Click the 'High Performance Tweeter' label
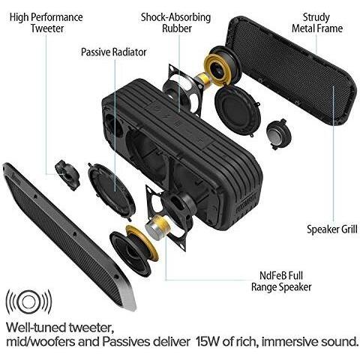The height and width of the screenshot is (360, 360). tap(46, 22)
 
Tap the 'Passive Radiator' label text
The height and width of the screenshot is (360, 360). tap(114, 52)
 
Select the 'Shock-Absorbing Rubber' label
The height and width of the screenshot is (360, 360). tap(176, 22)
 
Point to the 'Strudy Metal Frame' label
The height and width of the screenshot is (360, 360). tap(317, 22)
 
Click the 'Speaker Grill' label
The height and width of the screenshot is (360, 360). tap(332, 229)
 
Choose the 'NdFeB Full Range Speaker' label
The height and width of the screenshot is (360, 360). tap(281, 281)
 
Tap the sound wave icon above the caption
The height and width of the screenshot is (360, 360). tap(28, 301)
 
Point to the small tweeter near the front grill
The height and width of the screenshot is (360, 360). tap(67, 175)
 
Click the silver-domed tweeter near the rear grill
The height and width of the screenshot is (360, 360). tap(279, 134)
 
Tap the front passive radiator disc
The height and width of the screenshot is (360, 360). tap(112, 191)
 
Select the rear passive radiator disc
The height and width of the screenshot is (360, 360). tap(238, 110)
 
